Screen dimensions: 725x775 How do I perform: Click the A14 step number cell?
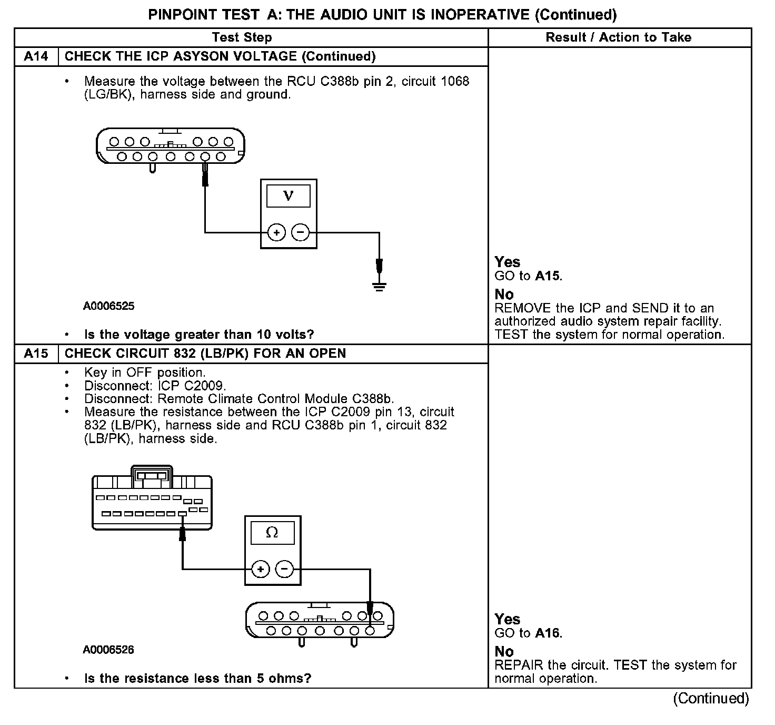(x=36, y=56)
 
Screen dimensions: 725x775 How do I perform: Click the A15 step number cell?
(x=36, y=353)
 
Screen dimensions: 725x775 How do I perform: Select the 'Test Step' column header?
(x=242, y=37)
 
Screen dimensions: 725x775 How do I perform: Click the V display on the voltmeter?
(x=289, y=196)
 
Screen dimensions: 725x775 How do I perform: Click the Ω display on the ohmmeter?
(x=272, y=533)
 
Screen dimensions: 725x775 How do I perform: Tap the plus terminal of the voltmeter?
(x=276, y=232)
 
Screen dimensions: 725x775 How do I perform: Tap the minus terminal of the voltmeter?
(x=301, y=232)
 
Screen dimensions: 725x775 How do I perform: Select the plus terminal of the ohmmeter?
(x=261, y=569)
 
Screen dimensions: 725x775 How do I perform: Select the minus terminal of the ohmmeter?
(x=285, y=569)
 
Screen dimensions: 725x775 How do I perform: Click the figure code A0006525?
(x=108, y=306)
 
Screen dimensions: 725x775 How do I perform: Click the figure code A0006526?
(x=108, y=650)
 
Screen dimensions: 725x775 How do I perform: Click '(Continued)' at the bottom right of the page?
(x=711, y=699)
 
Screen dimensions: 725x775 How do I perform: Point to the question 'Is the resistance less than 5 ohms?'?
(x=197, y=678)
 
